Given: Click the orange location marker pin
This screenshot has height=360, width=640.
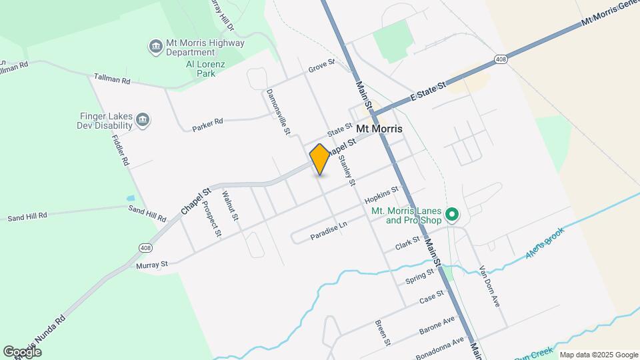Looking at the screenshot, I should pyautogui.click(x=320, y=159).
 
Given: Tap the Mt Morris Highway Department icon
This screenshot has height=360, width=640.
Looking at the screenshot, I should pyautogui.click(x=155, y=46).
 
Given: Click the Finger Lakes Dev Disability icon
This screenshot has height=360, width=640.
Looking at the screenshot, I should pyautogui.click(x=142, y=120).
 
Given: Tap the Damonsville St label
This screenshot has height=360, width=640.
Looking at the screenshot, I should pyautogui.click(x=278, y=112).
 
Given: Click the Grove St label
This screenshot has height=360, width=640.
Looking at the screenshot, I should pyautogui.click(x=321, y=68).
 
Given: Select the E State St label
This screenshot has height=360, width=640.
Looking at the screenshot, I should pyautogui.click(x=427, y=92).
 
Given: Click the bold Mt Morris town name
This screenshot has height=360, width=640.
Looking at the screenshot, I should pyautogui.click(x=383, y=128).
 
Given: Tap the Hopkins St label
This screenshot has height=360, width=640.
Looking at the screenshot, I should pyautogui.click(x=381, y=195).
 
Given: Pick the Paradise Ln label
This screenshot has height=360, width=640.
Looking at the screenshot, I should pyautogui.click(x=329, y=231).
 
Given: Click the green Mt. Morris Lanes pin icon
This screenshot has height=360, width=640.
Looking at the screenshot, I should pyautogui.click(x=451, y=215).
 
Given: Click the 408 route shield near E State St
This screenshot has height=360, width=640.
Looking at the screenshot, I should pyautogui.click(x=501, y=61).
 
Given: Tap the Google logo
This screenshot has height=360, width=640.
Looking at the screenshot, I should pyautogui.click(x=23, y=351).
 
